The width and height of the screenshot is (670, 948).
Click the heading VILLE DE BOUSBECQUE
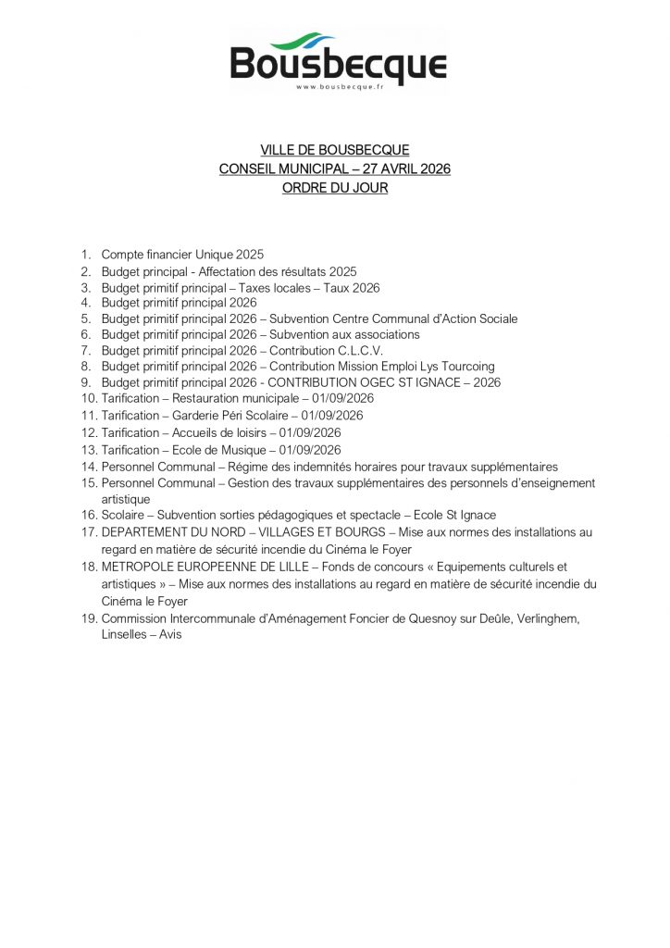334,150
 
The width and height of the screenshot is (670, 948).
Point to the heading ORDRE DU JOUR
334,188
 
